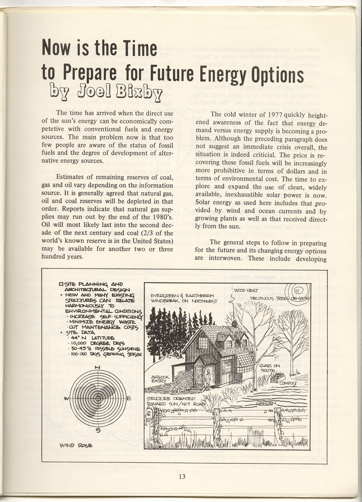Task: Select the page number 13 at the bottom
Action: (x=182, y=476)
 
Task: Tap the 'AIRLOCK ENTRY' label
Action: (x=159, y=379)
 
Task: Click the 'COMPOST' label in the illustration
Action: (x=288, y=383)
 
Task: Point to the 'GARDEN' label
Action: (x=266, y=403)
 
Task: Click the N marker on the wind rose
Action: (x=97, y=367)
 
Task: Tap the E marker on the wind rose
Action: (x=129, y=398)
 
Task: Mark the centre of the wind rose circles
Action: (x=97, y=398)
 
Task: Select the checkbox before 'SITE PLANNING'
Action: (x=61, y=284)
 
